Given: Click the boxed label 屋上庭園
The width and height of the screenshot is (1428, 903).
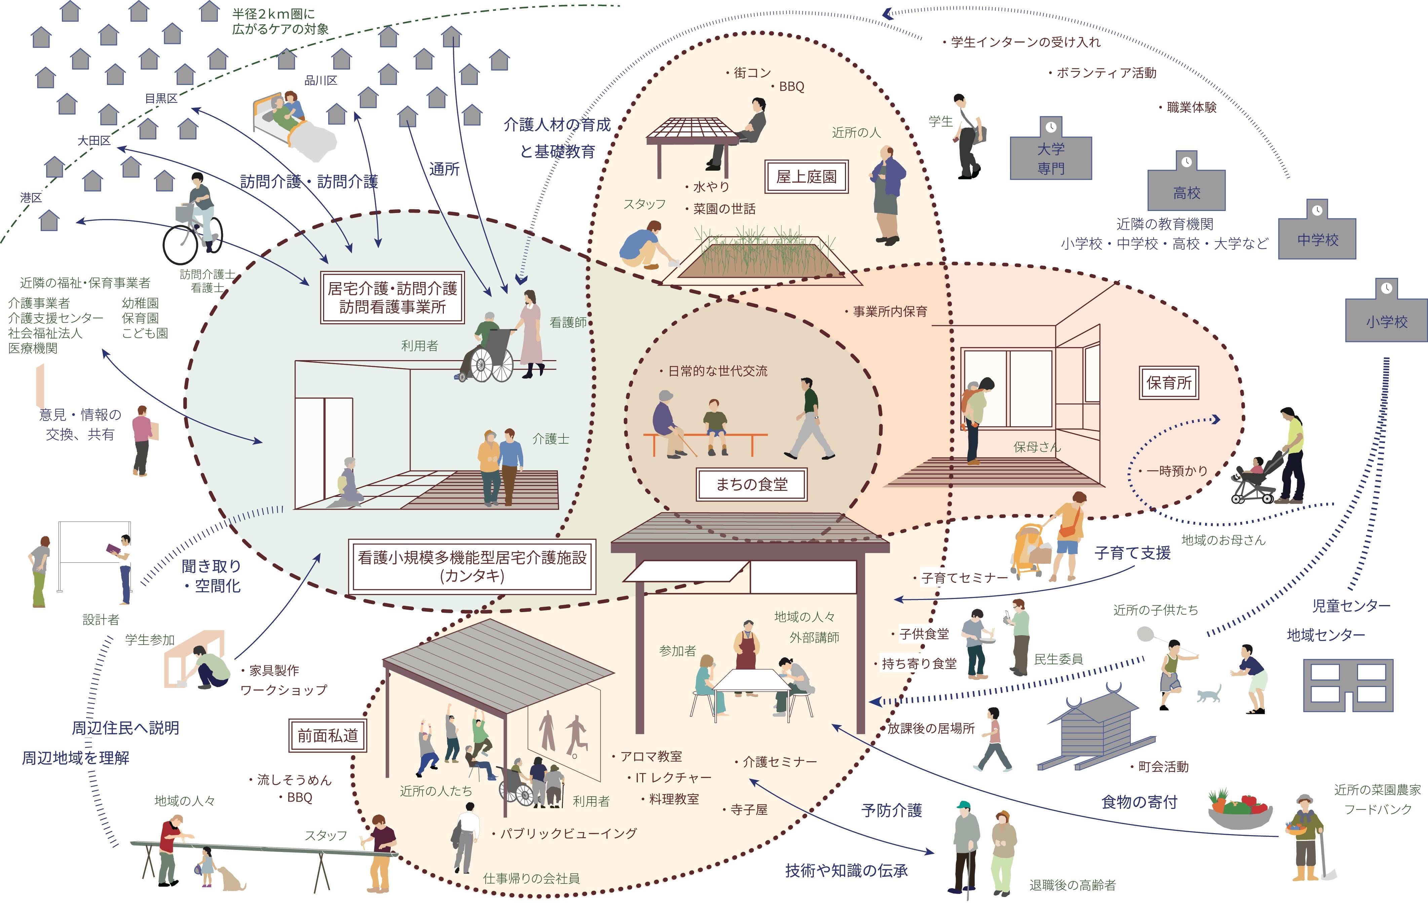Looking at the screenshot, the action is [807, 177].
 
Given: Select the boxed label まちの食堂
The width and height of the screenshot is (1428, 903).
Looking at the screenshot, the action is [751, 485].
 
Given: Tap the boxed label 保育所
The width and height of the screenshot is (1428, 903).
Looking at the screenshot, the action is [1169, 383].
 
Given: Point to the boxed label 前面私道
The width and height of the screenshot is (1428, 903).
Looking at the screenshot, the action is [327, 736].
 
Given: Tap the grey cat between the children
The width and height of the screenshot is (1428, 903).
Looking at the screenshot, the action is [1208, 694].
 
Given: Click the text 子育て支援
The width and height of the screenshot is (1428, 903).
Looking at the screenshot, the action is [1132, 553].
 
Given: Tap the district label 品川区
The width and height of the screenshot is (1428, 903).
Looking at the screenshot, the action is [321, 81].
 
